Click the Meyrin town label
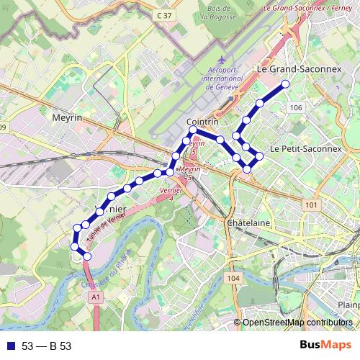(68, 115)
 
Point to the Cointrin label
(202, 122)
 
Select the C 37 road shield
(165, 14)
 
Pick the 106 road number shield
(294, 107)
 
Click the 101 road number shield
(311, 205)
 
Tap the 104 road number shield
(232, 278)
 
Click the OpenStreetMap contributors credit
(297, 323)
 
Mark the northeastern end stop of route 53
(285, 84)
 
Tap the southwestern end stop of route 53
(88, 256)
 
